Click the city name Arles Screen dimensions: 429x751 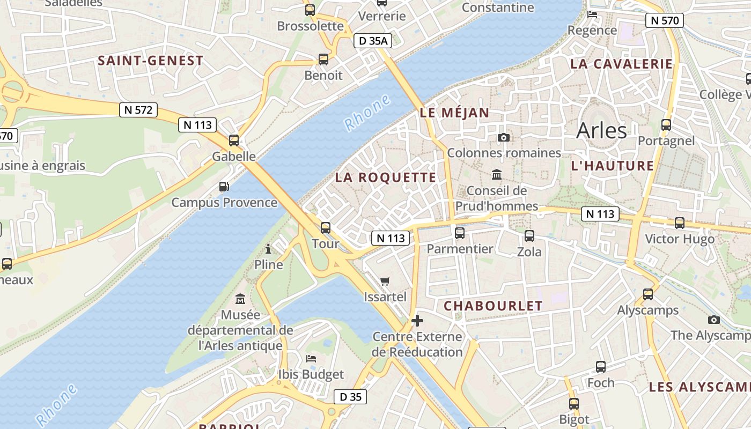pyautogui.click(x=601, y=130)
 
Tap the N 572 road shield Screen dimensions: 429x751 pyautogui.click(x=138, y=110)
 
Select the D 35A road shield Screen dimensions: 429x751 pyautogui.click(x=373, y=41)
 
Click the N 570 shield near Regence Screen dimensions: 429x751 pyautogui.click(x=665, y=21)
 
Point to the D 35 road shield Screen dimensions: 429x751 pyautogui.click(x=351, y=397)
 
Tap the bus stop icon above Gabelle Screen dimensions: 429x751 pyautogui.click(x=234, y=140)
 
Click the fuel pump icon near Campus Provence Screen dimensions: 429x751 pyautogui.click(x=224, y=187)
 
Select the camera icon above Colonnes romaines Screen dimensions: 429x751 pyautogui.click(x=503, y=137)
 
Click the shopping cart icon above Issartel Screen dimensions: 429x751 pyautogui.click(x=385, y=281)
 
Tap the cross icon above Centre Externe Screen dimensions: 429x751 pyautogui.click(x=417, y=321)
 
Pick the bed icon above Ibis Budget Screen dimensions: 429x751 pyautogui.click(x=311, y=358)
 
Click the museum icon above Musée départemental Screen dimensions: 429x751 pyautogui.click(x=240, y=299)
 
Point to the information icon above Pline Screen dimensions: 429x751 pyautogui.click(x=268, y=249)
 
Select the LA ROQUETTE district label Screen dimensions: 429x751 pyautogui.click(x=386, y=177)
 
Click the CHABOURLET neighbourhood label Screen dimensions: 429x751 pyautogui.click(x=493, y=306)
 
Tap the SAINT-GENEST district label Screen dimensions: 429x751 pyautogui.click(x=151, y=61)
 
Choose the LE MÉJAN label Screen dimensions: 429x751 pyautogui.click(x=454, y=113)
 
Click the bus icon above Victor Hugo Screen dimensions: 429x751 pyautogui.click(x=680, y=223)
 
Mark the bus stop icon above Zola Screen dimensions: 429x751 pyautogui.click(x=529, y=235)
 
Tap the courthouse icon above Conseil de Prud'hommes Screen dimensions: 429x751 pyautogui.click(x=497, y=175)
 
